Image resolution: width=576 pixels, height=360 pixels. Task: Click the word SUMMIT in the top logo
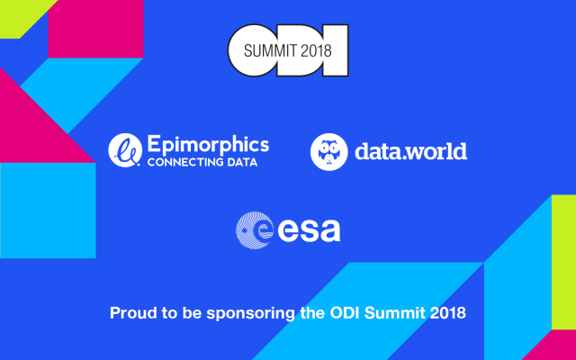(x=271, y=50)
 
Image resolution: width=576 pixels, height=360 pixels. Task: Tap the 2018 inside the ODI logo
(x=316, y=50)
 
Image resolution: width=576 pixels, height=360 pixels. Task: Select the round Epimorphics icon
(x=125, y=150)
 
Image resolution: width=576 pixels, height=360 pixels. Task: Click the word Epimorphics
(x=208, y=145)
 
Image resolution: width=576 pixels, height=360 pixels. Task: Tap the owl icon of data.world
(x=329, y=152)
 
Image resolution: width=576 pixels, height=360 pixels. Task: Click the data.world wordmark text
(x=411, y=151)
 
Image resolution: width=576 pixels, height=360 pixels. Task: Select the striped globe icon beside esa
(x=255, y=230)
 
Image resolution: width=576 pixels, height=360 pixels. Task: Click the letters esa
(x=310, y=230)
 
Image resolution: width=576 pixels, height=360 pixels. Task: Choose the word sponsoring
(x=250, y=314)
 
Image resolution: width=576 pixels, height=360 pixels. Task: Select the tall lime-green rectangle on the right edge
(x=563, y=262)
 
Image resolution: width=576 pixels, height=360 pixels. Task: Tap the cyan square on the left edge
(x=48, y=211)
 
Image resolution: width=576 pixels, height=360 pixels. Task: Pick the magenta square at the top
(x=95, y=29)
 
